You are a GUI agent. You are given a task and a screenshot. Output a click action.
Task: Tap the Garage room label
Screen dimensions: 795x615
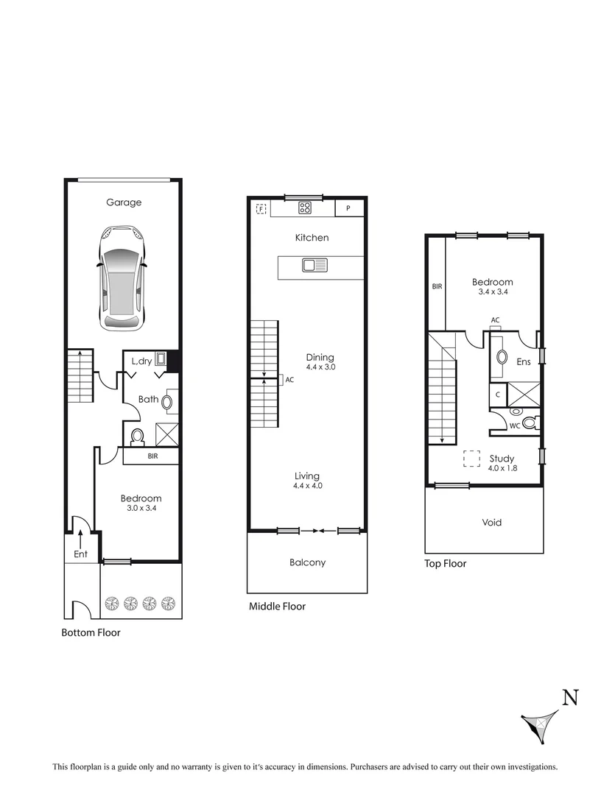pos(123,202)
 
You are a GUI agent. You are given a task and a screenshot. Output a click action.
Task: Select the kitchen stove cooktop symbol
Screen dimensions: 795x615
pos(306,208)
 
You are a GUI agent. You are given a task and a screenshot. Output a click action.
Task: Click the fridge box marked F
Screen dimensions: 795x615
pos(261,209)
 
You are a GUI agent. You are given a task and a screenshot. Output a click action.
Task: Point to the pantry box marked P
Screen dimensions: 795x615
pos(349,209)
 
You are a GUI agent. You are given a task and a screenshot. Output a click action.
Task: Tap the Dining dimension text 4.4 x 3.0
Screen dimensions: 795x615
pos(320,367)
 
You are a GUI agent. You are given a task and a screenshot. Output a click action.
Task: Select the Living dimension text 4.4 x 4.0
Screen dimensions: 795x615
pos(308,486)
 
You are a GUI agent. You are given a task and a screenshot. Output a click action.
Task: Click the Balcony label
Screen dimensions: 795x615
pos(307,562)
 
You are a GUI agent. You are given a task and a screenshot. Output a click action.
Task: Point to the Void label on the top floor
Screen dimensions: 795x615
pos(492,523)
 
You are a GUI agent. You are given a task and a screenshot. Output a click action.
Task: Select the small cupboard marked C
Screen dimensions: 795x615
pos(499,395)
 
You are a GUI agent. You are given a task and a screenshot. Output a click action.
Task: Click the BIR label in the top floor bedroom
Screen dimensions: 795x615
pos(437,286)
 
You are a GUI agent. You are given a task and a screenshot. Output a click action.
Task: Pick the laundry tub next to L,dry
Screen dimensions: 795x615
pos(161,361)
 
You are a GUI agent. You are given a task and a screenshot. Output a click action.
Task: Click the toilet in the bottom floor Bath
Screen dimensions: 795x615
pos(136,437)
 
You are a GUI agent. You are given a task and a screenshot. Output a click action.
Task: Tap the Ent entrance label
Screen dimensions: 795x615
pos(80,554)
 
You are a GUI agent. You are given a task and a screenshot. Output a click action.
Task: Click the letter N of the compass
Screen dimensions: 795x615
pos(570,697)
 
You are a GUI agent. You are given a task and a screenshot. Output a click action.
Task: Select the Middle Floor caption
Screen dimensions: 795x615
pos(276,607)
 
